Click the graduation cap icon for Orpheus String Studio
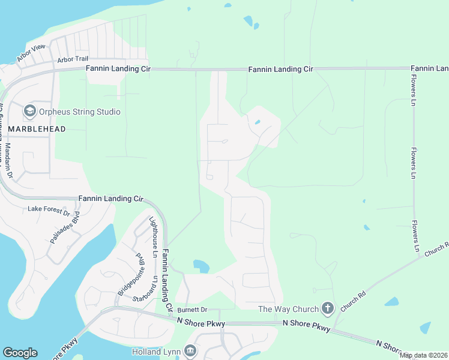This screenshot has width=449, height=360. pos(29,111)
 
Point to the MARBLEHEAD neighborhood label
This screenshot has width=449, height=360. pos(37,129)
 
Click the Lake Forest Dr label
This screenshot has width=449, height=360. pos(49,211)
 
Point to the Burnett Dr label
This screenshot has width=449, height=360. pos(191,310)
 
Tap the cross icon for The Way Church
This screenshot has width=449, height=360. pos(327,308)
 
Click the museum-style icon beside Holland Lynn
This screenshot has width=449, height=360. pos(190,350)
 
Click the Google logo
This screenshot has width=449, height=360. pos(20,353)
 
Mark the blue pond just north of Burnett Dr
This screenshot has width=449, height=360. pos(200,266)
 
